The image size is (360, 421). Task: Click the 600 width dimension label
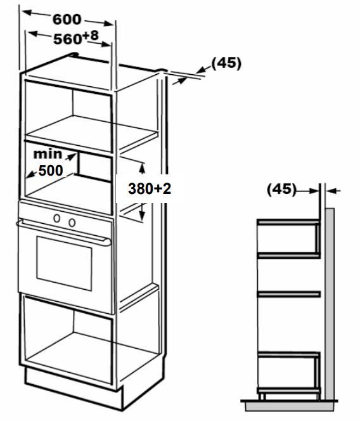pos(67,19)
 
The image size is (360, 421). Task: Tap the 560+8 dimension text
pos(76,37)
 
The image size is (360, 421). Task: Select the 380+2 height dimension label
pos(150,188)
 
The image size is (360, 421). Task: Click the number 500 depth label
pos(51,170)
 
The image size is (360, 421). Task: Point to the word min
pos(48,154)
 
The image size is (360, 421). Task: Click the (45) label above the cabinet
pos(226,63)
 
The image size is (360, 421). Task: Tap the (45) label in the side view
pos(281,189)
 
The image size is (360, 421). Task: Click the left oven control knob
pos(56,218)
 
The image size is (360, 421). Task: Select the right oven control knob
pos(72,223)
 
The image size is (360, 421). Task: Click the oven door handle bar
pos(64,231)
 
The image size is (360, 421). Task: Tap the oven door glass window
pos(65,263)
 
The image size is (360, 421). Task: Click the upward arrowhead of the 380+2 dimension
pos(142,168)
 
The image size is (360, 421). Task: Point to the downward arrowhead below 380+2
pos(142,216)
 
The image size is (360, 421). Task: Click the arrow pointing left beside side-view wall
pos(333,191)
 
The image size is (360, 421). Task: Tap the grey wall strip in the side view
pos(330,304)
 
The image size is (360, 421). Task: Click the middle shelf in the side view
pos(288,294)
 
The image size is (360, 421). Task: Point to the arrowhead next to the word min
pos(72,156)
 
